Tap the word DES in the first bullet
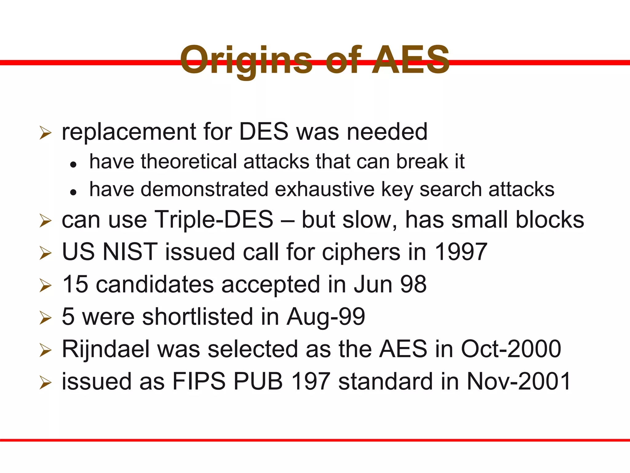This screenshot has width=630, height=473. [264, 132]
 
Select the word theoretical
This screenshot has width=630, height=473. [189, 161]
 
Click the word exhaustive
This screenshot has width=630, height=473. [325, 189]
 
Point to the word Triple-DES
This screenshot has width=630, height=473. [213, 220]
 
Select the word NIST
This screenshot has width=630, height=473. [130, 252]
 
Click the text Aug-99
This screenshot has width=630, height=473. [326, 317]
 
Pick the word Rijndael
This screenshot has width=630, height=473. [106, 349]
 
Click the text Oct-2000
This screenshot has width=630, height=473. [511, 349]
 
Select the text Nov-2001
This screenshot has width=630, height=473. [519, 381]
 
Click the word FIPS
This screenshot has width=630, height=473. [199, 381]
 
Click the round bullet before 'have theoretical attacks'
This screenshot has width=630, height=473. [73, 165]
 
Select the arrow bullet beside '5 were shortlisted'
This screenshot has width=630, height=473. [45, 318]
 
